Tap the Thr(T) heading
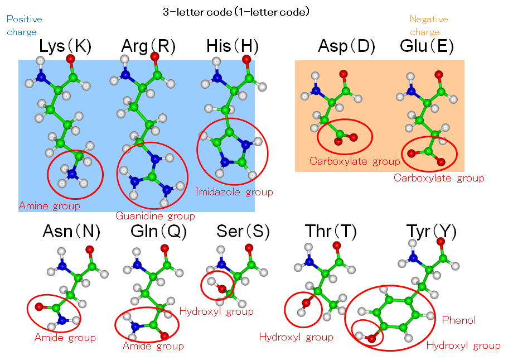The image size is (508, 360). pyautogui.click(x=331, y=231)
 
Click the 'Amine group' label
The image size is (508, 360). pyautogui.click(x=50, y=206)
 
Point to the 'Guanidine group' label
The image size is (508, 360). pyautogui.click(x=155, y=216)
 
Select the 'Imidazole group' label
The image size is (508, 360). pyautogui.click(x=234, y=192)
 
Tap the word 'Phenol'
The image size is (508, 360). pyautogui.click(x=459, y=320)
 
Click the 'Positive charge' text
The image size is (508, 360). pyautogui.click(x=24, y=25)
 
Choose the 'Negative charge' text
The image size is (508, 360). pyautogui.click(x=428, y=25)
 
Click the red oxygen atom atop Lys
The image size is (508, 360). pyautogui.click(x=70, y=58)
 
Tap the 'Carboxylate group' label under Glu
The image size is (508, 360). pyautogui.click(x=439, y=178)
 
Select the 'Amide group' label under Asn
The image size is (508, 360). pyautogui.click(x=65, y=338)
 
